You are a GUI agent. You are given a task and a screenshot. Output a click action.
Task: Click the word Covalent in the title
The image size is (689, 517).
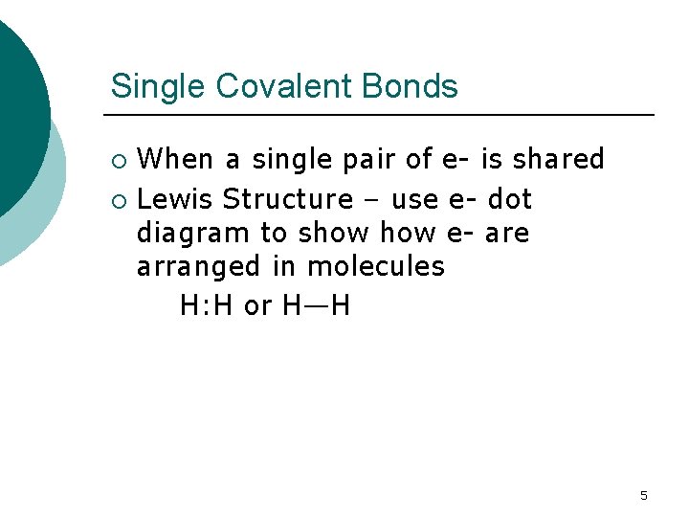pyautogui.click(x=287, y=86)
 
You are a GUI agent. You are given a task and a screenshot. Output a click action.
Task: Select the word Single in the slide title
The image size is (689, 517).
pyautogui.click(x=158, y=86)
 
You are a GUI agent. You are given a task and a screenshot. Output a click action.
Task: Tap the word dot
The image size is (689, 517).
pyautogui.click(x=510, y=199)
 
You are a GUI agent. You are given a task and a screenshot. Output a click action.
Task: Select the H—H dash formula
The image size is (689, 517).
pyautogui.click(x=317, y=306)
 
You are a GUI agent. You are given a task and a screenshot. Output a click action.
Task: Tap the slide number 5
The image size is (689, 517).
pyautogui.click(x=643, y=495)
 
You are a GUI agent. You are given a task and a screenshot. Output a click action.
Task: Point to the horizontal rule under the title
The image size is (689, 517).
pyautogui.click(x=383, y=115)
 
